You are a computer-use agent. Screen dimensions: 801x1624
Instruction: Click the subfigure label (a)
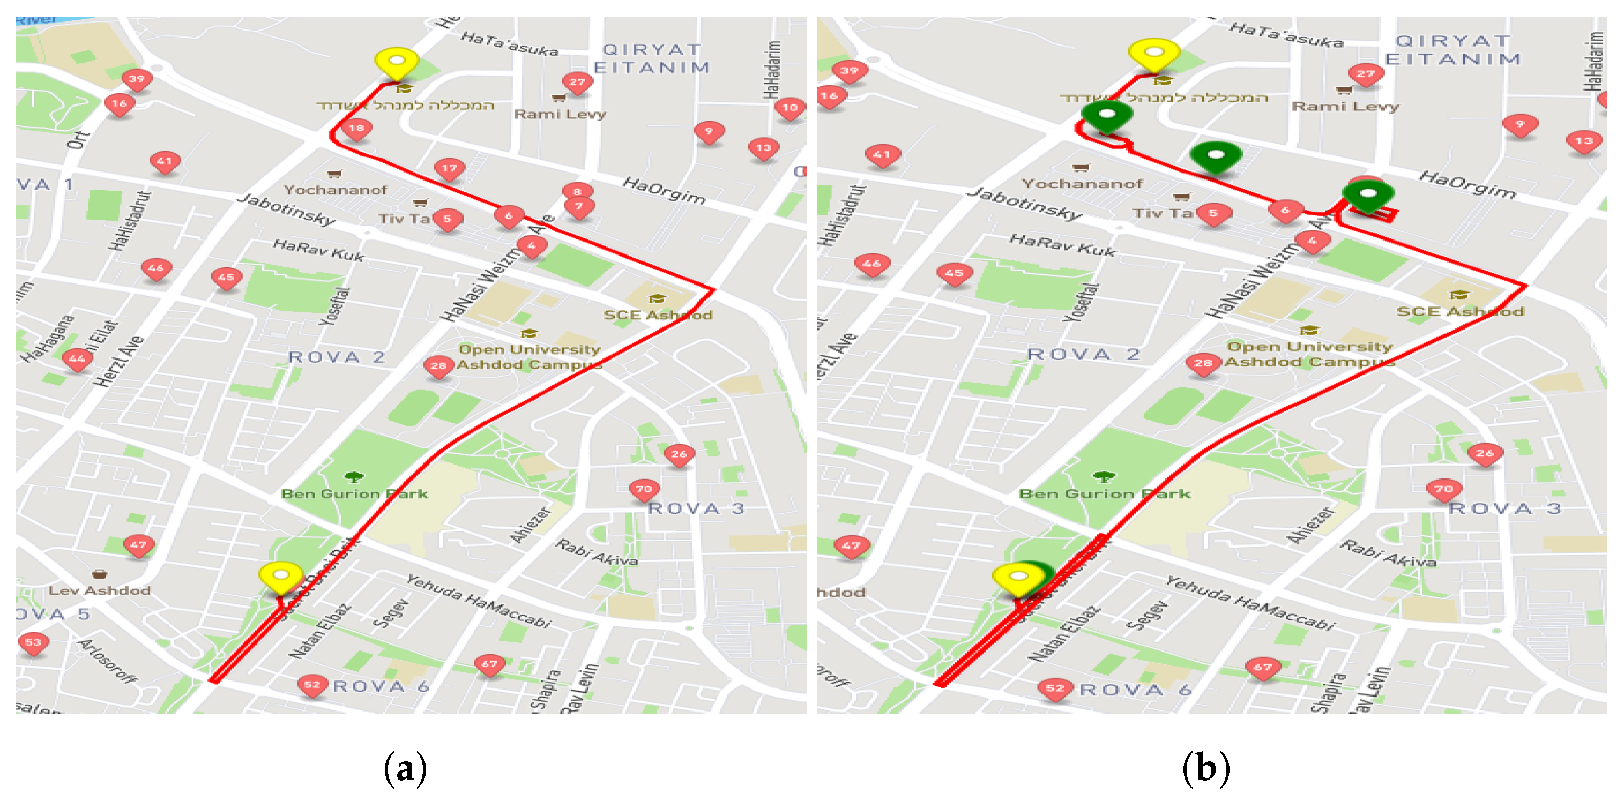[x=405, y=768]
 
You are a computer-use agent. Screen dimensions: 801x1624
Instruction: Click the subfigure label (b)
[x=1205, y=768]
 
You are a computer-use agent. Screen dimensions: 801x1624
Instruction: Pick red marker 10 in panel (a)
[x=789, y=108]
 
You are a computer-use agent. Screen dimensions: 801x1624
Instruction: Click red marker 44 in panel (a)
[x=77, y=359]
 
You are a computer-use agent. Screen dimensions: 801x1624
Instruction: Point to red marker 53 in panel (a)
[x=33, y=643]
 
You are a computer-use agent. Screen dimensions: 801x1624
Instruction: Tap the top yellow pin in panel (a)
[x=397, y=62]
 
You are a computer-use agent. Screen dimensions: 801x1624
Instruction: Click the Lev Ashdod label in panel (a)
[x=100, y=590]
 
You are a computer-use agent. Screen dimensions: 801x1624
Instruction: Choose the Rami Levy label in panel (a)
[x=560, y=114]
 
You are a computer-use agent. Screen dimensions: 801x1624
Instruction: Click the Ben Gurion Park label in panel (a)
[x=354, y=494]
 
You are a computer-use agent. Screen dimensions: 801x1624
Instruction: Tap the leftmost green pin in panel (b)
[x=1106, y=115]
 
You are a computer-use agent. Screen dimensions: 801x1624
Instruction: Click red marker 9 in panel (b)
[x=1520, y=125]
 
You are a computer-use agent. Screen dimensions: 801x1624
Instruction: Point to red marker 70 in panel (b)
[x=1444, y=490]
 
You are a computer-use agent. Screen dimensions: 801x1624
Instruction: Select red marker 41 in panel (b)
[x=881, y=155]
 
